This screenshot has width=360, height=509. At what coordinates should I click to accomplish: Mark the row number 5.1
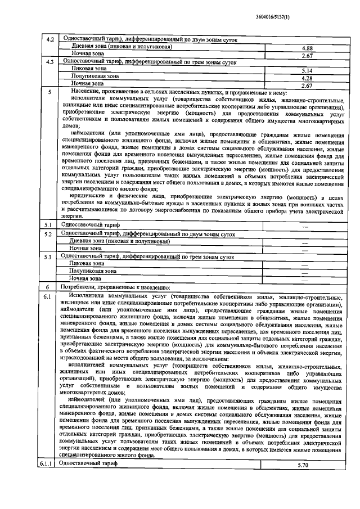49,225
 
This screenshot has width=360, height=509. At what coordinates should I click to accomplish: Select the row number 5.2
49,233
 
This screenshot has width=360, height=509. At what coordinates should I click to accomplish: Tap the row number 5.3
49,256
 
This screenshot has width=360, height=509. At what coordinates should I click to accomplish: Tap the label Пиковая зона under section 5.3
87,263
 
